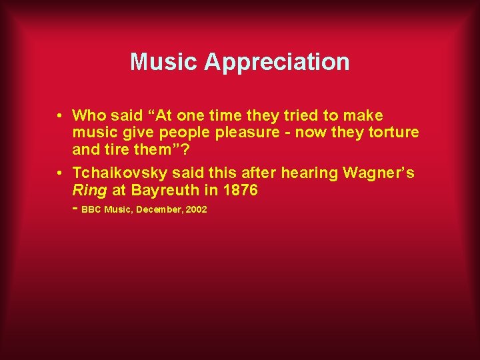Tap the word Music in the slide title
[164, 62]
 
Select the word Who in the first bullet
[88, 115]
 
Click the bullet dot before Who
[60, 115]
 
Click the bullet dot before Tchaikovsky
[60, 173]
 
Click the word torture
[393, 132]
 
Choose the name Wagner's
[378, 173]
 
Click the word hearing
[310, 173]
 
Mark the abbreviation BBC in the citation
[91, 209]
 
